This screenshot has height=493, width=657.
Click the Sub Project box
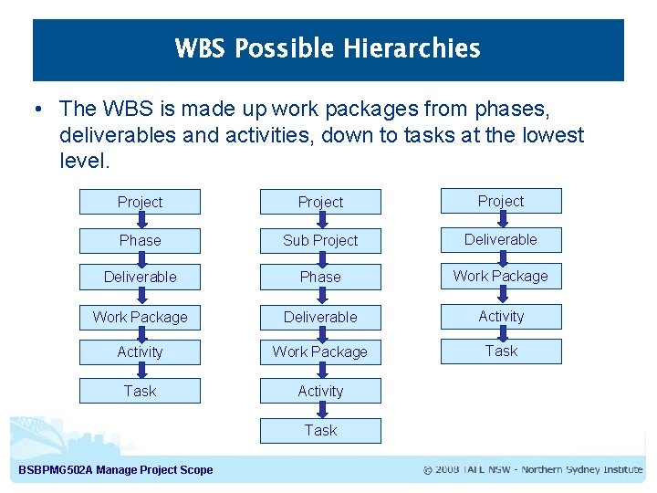[320, 240]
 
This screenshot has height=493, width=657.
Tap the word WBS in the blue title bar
[201, 48]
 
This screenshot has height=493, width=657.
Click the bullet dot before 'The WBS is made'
[34, 110]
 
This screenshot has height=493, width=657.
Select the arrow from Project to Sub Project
[320, 220]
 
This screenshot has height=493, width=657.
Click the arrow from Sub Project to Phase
[320, 259]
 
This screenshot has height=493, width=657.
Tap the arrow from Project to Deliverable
[501, 220]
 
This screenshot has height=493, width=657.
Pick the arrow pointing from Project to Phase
[141, 220]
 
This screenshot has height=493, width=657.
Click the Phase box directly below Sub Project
[320, 277]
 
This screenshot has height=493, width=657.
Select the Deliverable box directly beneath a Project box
[501, 239]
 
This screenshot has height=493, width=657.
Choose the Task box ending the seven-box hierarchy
[320, 430]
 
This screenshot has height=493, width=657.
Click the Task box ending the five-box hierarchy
[501, 351]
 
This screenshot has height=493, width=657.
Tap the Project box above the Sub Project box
[320, 202]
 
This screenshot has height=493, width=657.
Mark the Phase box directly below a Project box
[141, 240]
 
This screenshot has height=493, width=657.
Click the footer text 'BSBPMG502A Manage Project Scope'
[116, 470]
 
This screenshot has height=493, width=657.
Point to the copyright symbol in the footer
[428, 470]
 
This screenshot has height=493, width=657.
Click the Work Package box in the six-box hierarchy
[141, 317]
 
